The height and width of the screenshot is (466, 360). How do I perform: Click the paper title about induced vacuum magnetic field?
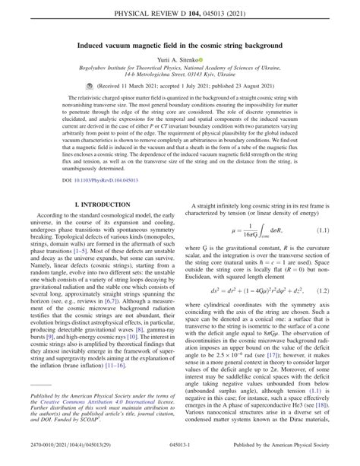pyautogui.click(x=180, y=46)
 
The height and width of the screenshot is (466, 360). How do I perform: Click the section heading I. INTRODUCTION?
pyautogui.click(x=91, y=249)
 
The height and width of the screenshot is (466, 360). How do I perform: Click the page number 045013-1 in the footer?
pyautogui.click(x=180, y=456)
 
